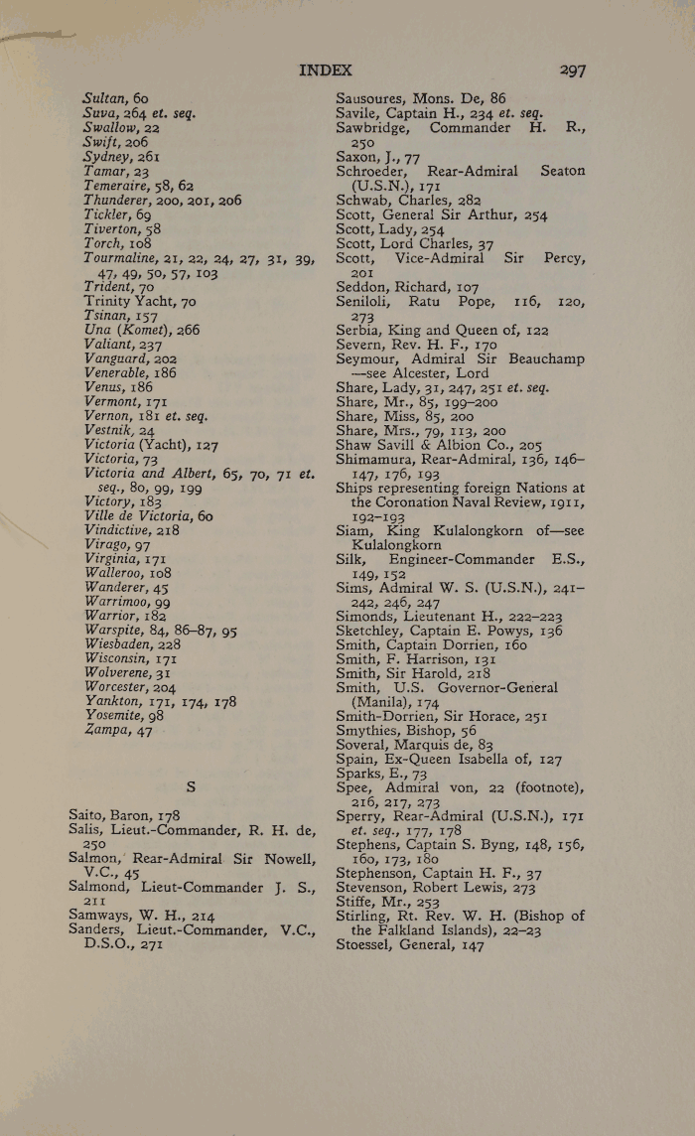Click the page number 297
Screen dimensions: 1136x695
pos(572,71)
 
